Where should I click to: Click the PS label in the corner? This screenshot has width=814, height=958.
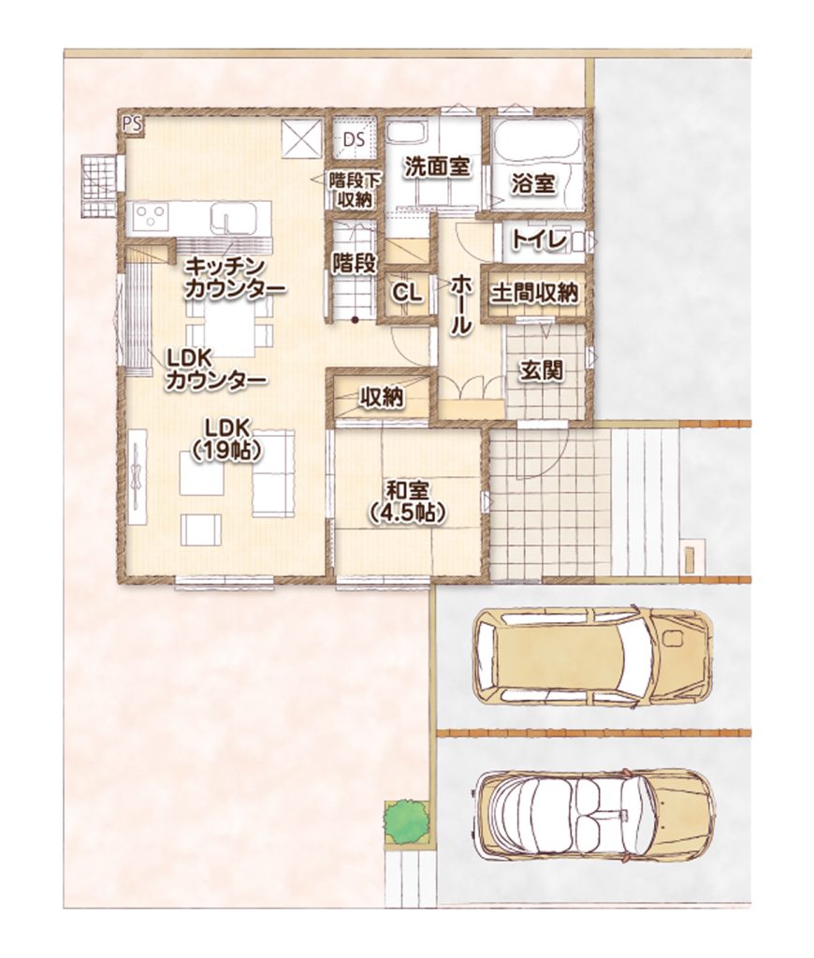coord(132,124)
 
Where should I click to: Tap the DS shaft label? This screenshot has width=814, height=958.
coord(354,139)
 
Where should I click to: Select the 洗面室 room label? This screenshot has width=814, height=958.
coord(437,167)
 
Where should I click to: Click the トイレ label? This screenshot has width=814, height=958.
coord(539,240)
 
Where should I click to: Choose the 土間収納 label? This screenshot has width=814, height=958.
coord(534,293)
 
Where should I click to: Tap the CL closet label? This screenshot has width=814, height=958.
coord(406,294)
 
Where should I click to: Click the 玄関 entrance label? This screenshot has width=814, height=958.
coord(542,370)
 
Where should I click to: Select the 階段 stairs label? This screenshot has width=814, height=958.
coord(354,263)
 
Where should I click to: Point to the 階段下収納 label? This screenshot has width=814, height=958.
coord(353,189)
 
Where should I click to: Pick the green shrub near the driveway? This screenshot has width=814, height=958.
coord(406,821)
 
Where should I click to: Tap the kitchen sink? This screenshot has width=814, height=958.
coord(233,218)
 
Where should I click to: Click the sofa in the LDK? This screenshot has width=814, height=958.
coord(273,473)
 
